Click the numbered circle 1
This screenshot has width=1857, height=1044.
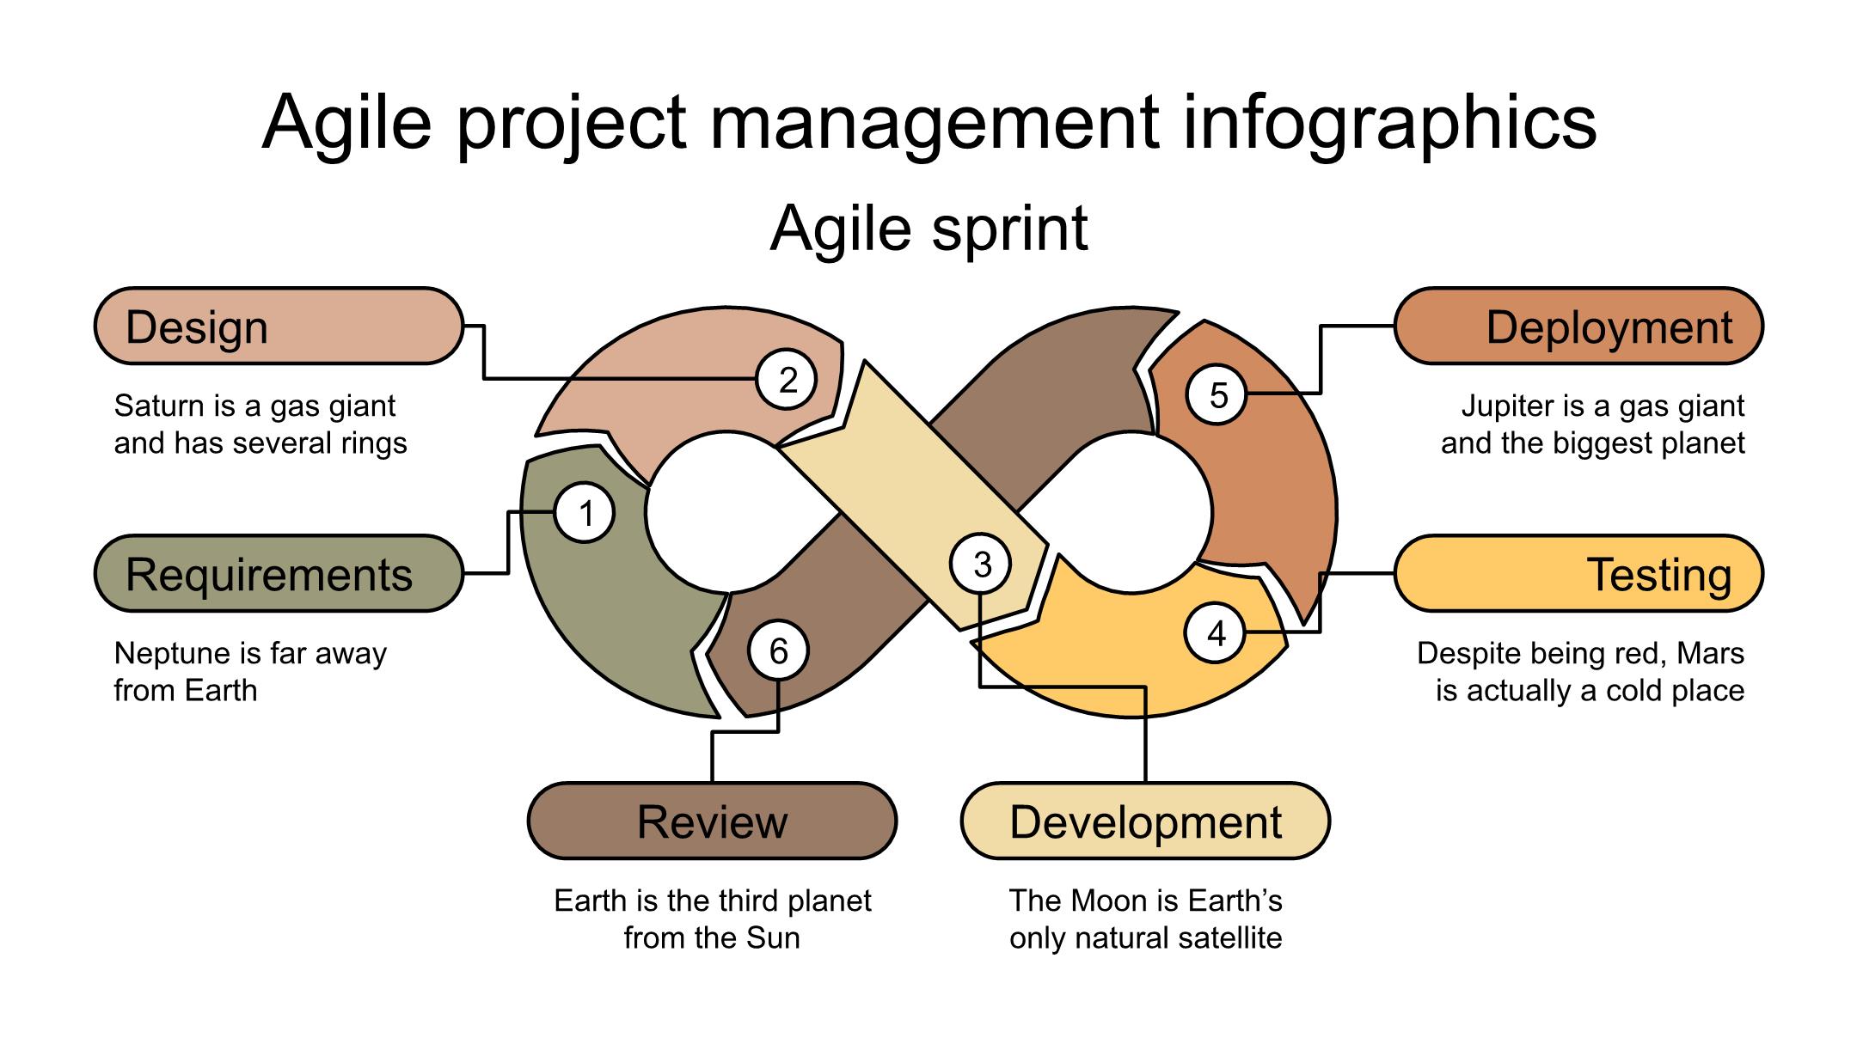click(x=585, y=514)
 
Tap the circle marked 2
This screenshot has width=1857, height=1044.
click(x=787, y=380)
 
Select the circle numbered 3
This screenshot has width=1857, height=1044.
click(x=981, y=565)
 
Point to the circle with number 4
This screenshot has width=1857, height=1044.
click(x=1216, y=633)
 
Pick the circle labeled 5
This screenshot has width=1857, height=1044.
click(x=1217, y=395)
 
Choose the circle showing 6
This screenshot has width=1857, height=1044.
click(x=778, y=650)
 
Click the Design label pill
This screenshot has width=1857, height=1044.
click(x=279, y=327)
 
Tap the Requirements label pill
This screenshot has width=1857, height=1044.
click(x=279, y=574)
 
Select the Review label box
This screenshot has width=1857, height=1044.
click(x=712, y=821)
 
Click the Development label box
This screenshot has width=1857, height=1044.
click(x=1145, y=821)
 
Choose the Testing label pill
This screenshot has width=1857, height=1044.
click(x=1578, y=574)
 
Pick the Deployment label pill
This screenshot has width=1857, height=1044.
click(x=1578, y=327)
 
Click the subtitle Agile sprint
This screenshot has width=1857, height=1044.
click(x=929, y=229)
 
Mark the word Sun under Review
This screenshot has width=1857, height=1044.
click(x=773, y=937)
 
